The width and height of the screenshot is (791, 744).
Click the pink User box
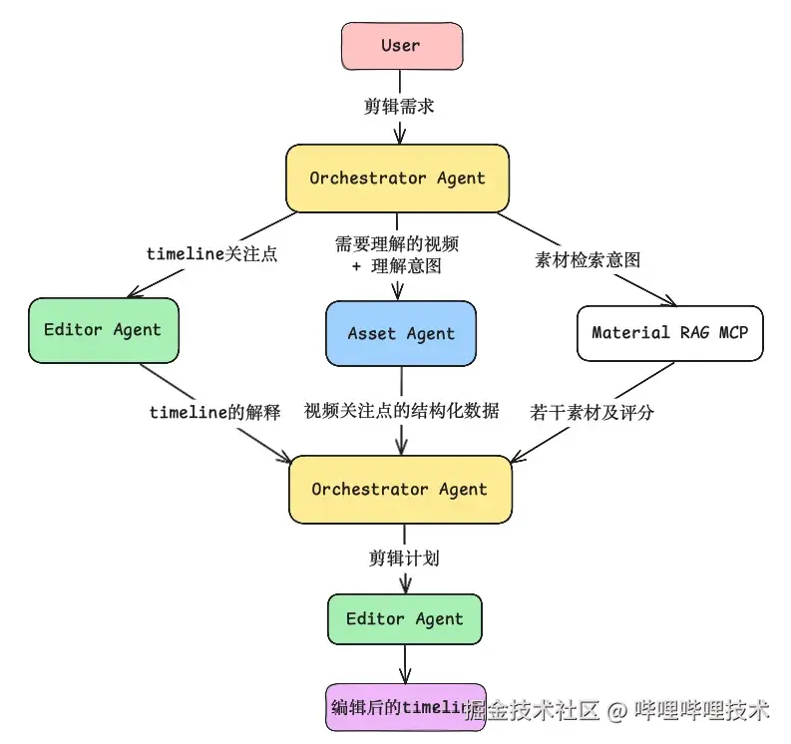point(401,46)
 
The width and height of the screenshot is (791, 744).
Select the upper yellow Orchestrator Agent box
point(397,179)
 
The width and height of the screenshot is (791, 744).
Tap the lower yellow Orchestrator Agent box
point(399,490)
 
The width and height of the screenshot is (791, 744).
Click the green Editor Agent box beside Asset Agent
point(103,330)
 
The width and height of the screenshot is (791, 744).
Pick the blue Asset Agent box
point(401,334)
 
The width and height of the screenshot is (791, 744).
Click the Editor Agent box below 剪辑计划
point(404,619)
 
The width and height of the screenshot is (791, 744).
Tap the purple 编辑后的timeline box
point(405,707)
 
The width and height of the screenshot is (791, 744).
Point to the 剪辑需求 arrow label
point(399,107)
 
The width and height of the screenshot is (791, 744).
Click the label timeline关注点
point(211,253)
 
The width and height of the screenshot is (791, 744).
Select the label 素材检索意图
point(587,260)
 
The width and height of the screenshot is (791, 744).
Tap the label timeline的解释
point(214,412)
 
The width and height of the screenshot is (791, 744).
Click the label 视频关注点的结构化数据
point(401,411)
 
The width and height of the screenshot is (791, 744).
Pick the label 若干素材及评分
point(592,411)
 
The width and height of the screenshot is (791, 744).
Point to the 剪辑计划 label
point(404,558)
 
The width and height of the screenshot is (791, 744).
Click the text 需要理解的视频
point(397,243)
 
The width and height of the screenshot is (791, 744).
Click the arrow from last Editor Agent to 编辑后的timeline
point(405,663)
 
